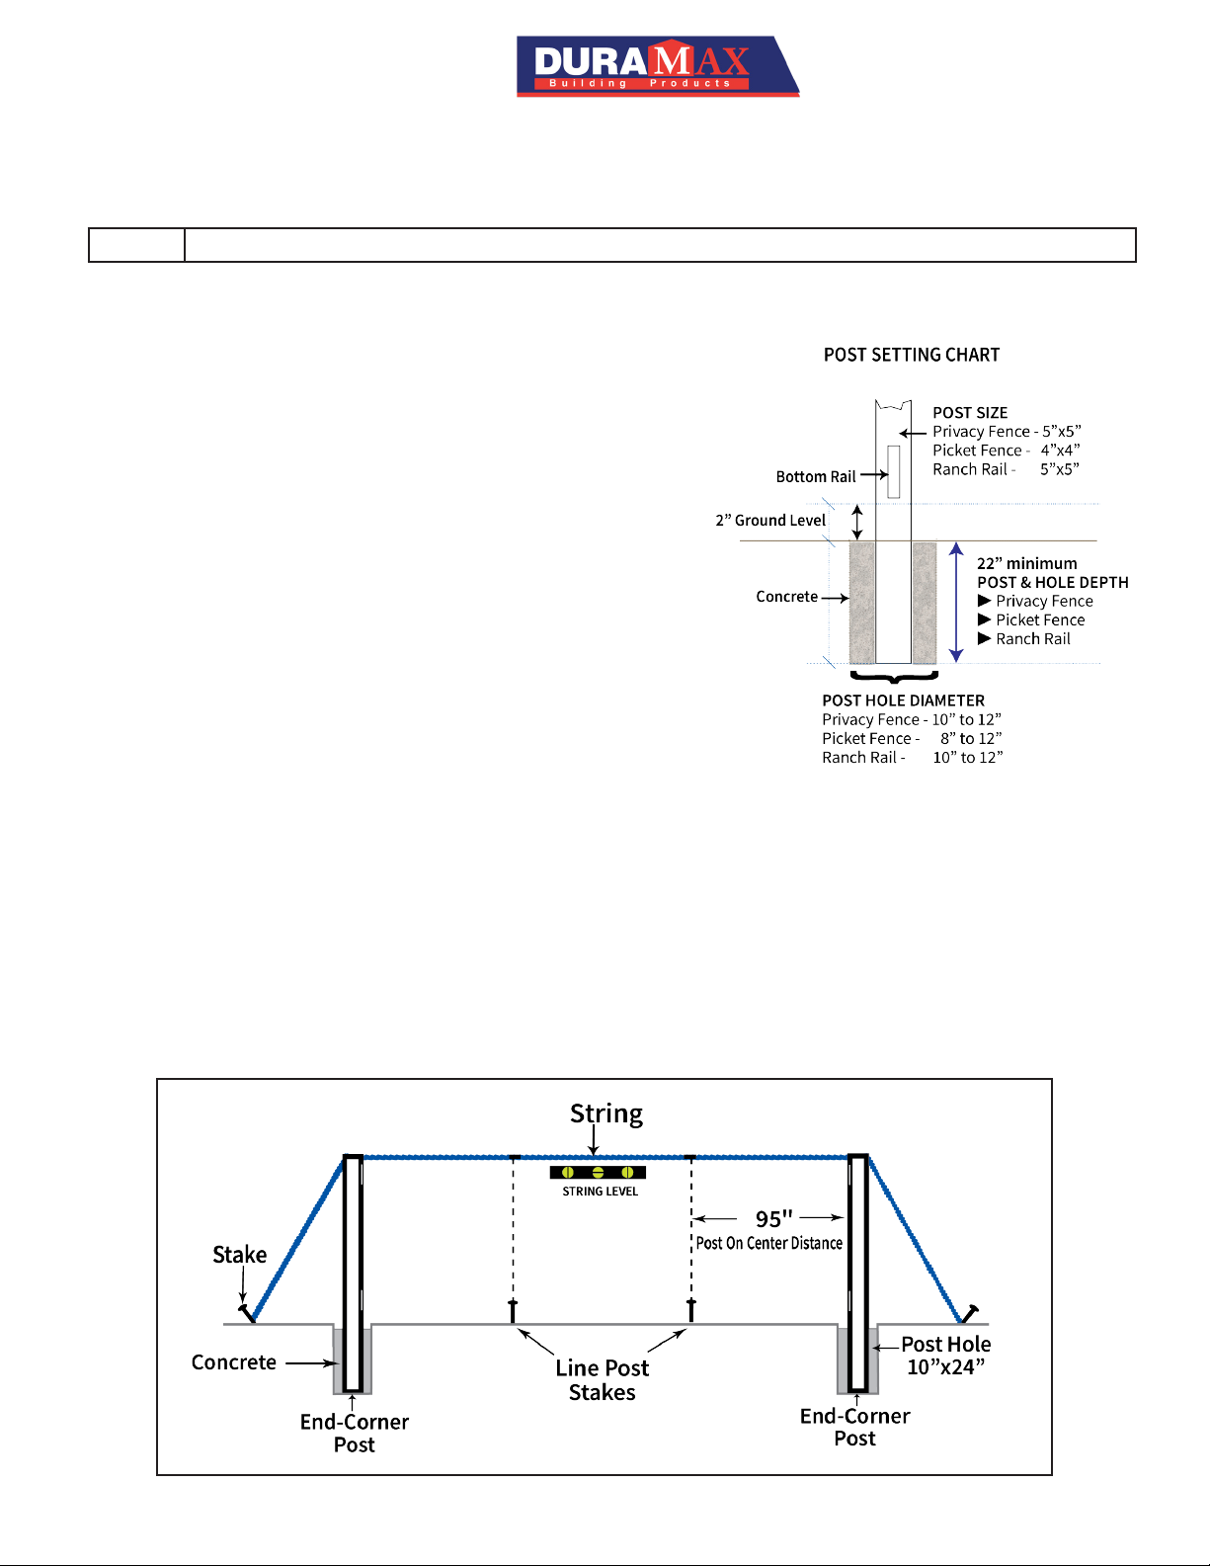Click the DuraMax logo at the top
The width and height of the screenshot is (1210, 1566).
click(x=658, y=66)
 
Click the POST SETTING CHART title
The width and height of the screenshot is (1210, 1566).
click(x=911, y=355)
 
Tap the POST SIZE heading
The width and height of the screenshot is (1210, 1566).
click(x=969, y=412)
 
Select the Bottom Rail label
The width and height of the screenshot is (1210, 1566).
click(x=815, y=476)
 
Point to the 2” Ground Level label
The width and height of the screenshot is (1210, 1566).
click(x=769, y=521)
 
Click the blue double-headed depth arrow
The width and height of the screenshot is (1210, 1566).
click(x=956, y=603)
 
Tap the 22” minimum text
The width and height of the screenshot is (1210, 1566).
click(x=1026, y=563)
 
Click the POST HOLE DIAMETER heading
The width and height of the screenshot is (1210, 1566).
click(x=903, y=701)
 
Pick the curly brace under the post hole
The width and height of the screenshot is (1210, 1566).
click(x=894, y=676)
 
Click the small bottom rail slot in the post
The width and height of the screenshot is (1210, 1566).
click(x=893, y=472)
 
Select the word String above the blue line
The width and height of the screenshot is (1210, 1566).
click(x=605, y=1114)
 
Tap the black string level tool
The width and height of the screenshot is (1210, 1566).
click(x=597, y=1173)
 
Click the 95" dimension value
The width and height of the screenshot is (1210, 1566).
click(x=773, y=1218)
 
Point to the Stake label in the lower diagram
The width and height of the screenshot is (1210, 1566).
click(x=239, y=1255)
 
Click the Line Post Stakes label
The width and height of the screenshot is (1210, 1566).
click(x=603, y=1379)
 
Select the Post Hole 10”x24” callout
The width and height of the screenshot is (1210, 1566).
click(x=945, y=1356)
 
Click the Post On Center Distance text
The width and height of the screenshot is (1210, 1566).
click(x=768, y=1243)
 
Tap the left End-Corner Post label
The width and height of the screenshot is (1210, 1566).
click(x=355, y=1433)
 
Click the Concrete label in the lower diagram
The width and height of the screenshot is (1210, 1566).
click(x=233, y=1362)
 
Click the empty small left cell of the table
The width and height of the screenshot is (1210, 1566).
click(x=137, y=245)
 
